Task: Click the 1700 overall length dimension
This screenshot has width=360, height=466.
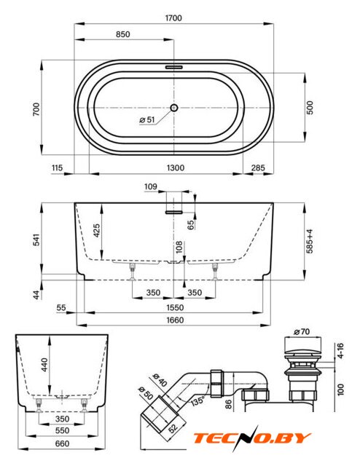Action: click(x=173, y=18)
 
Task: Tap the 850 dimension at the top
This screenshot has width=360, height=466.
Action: click(x=123, y=34)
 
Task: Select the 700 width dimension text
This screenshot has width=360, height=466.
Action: click(x=36, y=109)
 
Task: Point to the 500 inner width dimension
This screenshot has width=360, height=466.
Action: click(x=310, y=108)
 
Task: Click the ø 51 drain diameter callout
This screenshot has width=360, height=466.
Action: click(x=147, y=119)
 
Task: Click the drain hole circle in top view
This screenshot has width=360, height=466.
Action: click(x=174, y=108)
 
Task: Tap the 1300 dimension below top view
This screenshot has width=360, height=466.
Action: click(x=175, y=168)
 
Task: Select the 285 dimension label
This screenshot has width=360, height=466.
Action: click(x=258, y=168)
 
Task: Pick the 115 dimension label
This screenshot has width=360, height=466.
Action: click(x=57, y=168)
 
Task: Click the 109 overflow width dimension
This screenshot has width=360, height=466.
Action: click(x=151, y=186)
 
